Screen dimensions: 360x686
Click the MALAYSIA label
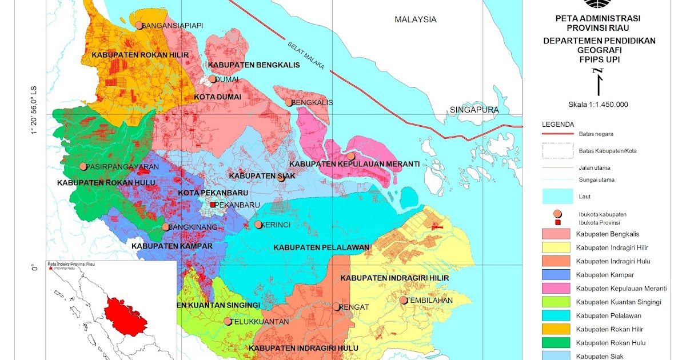415,19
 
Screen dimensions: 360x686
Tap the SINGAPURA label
474,110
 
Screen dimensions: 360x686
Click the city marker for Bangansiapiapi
139,25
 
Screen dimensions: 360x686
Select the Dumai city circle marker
212,79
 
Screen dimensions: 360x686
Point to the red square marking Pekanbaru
213,205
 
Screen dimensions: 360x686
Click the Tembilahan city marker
403,300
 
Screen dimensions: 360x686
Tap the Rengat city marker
336,307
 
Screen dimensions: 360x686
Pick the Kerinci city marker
258,225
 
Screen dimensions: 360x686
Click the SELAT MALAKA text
306,55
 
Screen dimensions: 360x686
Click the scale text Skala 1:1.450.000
598,105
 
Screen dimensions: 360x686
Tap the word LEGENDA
559,124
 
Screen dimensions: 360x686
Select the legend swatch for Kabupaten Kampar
557,275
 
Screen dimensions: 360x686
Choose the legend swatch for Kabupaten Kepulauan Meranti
557,289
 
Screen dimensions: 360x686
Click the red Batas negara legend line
557,134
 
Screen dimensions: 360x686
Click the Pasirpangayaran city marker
83,167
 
